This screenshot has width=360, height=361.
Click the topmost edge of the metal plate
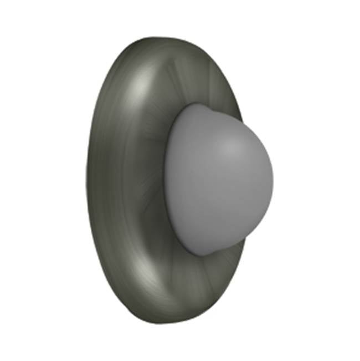click(161, 38)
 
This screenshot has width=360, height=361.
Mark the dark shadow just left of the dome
click(158, 183)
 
